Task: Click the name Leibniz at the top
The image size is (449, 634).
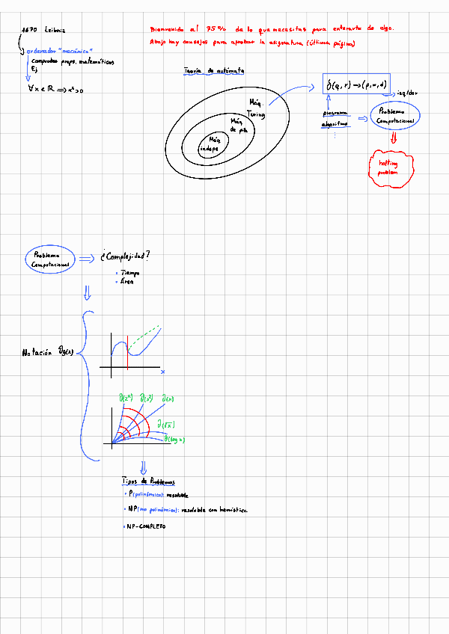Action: tap(54, 31)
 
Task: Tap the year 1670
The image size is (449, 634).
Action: tap(30, 31)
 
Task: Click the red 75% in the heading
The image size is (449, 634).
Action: tap(214, 28)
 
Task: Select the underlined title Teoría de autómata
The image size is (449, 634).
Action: tap(218, 71)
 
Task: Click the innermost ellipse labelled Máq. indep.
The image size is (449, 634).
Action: tap(210, 144)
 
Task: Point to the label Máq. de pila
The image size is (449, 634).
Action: tap(238, 125)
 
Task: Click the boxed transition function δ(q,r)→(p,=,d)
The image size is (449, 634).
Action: tap(357, 86)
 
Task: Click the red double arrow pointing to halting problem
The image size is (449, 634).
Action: tap(393, 138)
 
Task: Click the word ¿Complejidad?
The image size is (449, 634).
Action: tap(124, 256)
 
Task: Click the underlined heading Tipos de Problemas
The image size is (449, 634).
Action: tap(147, 482)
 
